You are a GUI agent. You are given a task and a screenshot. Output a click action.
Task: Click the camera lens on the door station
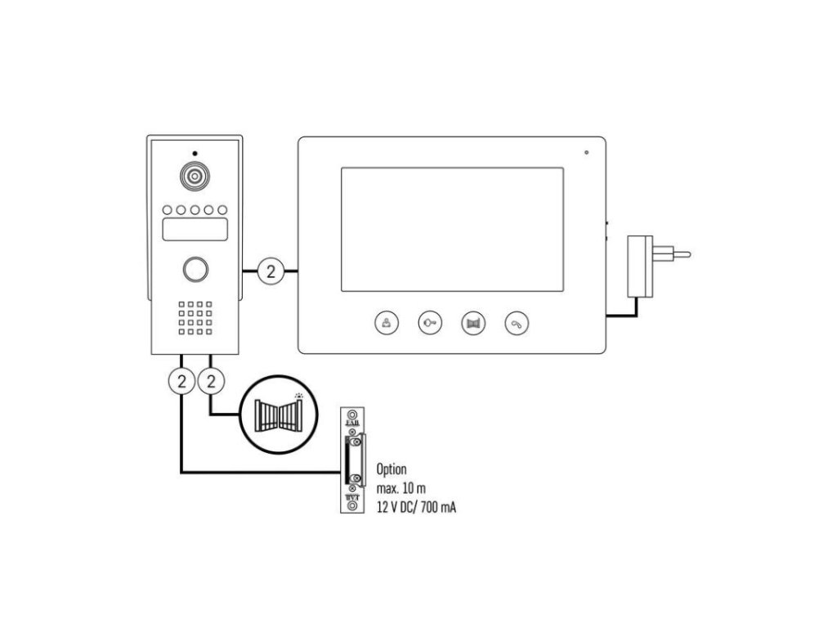pos(194,177)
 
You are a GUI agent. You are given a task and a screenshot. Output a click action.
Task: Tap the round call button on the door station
pos(194,269)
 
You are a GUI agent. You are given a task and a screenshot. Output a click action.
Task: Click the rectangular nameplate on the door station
pos(194,230)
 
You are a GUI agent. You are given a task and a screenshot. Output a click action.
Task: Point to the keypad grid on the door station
pos(194,318)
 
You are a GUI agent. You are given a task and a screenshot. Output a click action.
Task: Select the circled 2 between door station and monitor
pos(271,271)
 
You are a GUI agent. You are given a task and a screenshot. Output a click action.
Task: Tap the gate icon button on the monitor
pos(473,323)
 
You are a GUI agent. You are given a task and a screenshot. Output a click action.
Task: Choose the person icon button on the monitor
pos(387,323)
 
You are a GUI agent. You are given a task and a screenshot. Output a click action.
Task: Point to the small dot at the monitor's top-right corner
pos(586,152)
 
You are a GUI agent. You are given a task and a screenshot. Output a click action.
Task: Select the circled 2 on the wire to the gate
pos(212,380)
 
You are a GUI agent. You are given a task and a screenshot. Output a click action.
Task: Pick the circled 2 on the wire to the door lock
pos(181,380)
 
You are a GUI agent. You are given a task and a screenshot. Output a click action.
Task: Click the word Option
pos(391,469)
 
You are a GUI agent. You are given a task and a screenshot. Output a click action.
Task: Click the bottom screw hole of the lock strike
pos(352,506)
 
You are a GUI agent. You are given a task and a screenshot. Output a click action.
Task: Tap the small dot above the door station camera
pos(194,154)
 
